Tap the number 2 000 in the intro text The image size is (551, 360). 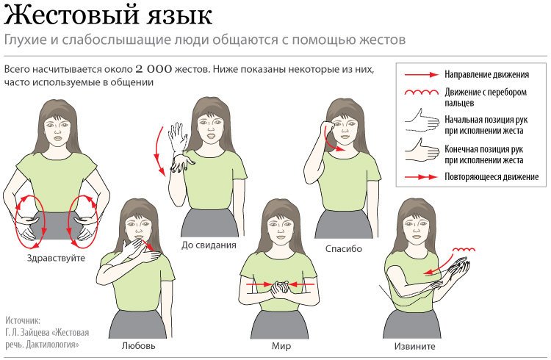154,69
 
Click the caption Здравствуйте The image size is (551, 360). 57,258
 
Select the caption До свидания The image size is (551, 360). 209,245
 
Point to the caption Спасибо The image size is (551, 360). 343,249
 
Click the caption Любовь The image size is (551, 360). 138,345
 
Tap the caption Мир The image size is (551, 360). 281,346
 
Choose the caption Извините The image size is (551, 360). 414,346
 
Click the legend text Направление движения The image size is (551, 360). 486,74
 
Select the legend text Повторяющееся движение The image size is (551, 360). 491,176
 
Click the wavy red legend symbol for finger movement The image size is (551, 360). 422,93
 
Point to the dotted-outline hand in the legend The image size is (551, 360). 422,120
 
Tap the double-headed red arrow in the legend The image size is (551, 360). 421,177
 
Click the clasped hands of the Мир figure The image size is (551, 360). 280,288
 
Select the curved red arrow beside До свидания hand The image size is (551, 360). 159,151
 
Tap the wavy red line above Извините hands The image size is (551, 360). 464,250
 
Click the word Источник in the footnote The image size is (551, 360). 23,320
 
